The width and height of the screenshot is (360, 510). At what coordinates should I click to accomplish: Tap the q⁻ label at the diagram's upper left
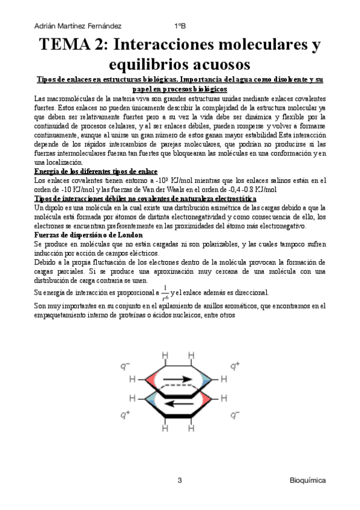click(125, 364)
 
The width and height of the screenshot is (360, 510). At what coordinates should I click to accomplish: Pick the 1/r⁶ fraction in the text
click(164, 292)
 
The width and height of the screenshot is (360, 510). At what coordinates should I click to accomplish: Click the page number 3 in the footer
click(179, 481)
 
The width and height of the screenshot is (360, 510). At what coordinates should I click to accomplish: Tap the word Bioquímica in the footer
click(308, 481)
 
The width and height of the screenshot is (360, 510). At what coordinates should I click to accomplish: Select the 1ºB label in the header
click(180, 26)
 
